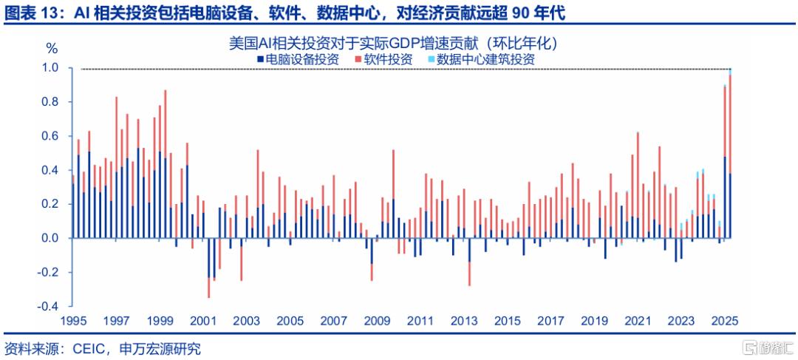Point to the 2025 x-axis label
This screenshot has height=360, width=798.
[725, 322]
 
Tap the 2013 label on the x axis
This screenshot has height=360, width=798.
[463, 322]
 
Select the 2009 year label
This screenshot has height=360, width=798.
[377, 322]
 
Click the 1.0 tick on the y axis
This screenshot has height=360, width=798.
[50, 68]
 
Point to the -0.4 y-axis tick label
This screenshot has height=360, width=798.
[48, 306]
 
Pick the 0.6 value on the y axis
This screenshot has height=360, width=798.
[50, 136]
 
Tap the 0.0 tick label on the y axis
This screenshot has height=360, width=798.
[50, 238]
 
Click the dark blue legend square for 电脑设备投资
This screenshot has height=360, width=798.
[261, 60]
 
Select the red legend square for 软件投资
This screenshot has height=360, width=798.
[358, 60]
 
